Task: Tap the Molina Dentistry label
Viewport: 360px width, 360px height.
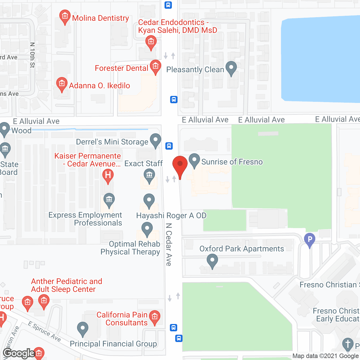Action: click(100, 18)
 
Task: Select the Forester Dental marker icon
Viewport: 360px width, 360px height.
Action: click(155, 67)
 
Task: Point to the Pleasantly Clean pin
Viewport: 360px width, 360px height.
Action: click(231, 68)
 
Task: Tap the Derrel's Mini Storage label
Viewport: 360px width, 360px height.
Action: click(112, 142)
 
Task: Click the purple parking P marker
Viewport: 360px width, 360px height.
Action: click(310, 240)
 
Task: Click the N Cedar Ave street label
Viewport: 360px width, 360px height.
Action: click(168, 244)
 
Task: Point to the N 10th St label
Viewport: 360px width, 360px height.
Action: click(32, 55)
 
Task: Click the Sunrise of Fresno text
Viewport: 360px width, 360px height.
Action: click(232, 162)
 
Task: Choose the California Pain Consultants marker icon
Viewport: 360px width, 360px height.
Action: click(154, 317)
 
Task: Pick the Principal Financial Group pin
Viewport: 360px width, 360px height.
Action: click(82, 328)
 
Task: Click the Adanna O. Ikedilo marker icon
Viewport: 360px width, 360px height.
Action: click(62, 84)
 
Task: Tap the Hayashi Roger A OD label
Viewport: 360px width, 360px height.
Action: click(171, 216)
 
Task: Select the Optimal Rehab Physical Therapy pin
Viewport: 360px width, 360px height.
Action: click(147, 229)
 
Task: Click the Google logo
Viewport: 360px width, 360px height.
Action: click(19, 353)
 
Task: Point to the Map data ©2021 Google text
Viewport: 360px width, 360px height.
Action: click(325, 356)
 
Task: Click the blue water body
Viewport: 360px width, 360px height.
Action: click(321, 59)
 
